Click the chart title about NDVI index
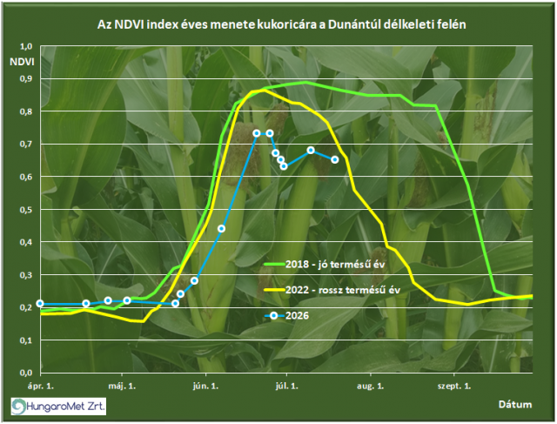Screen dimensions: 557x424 (281, 24)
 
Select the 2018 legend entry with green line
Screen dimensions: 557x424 (325, 264)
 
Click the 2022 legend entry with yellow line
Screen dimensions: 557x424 (332, 290)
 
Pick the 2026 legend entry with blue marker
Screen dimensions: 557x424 (286, 315)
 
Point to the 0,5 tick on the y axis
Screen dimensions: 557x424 (25, 209)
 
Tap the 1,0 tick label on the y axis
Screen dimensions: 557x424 (25, 46)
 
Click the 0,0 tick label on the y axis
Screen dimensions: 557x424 (25, 373)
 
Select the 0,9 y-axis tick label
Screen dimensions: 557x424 (25, 78)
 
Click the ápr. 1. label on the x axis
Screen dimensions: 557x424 (41, 386)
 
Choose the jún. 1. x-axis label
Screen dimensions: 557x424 (205, 386)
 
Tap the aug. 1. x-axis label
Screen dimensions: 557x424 (371, 386)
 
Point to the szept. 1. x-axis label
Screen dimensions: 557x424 (454, 386)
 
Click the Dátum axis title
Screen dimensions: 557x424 (515, 405)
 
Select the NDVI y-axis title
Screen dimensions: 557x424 (22, 62)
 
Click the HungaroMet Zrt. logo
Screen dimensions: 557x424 (58, 407)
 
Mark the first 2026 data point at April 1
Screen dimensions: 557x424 (40, 304)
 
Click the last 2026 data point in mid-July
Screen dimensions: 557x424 (334, 160)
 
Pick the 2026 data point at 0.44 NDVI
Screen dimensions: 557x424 (221, 228)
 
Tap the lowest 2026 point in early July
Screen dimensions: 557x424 (284, 166)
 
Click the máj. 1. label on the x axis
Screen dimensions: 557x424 (122, 386)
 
